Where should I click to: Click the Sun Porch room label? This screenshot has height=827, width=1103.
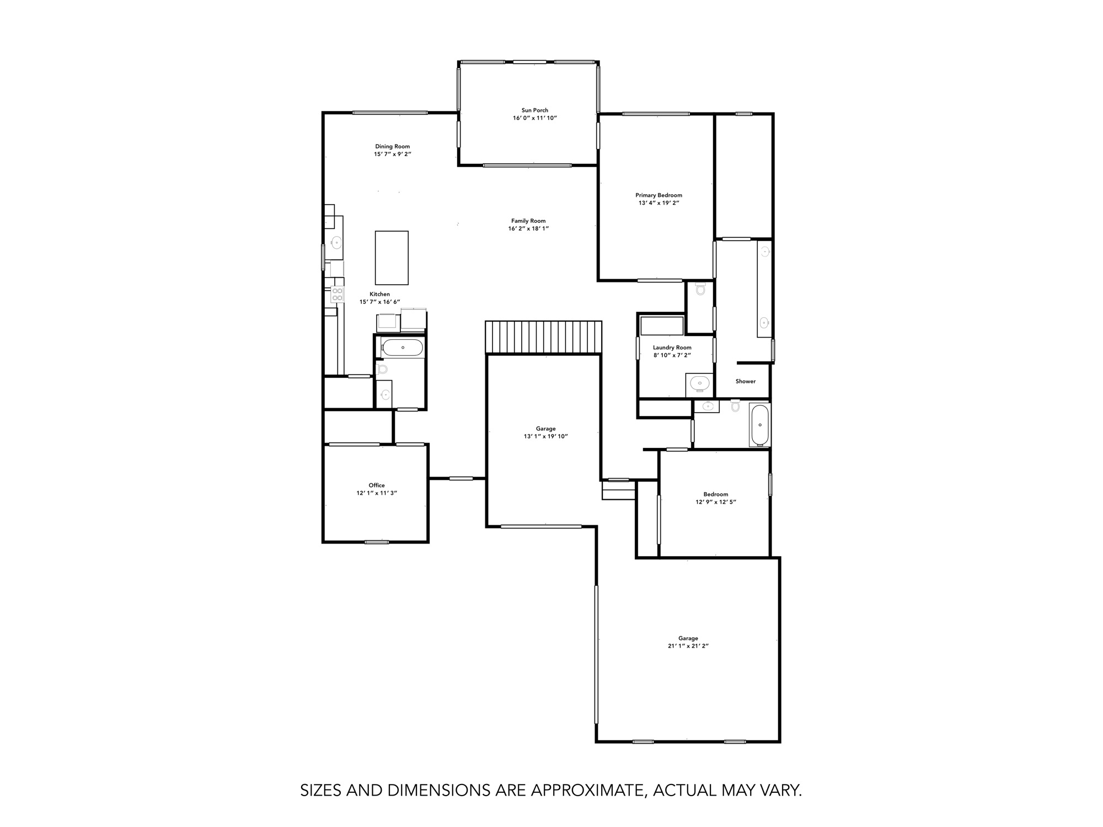534,110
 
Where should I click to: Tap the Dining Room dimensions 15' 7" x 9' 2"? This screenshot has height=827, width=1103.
393,154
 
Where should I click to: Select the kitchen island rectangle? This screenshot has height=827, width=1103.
392,258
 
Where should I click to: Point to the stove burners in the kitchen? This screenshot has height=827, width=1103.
337,294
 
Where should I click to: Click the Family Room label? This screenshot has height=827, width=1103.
528,221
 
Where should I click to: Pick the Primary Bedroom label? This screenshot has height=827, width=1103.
658,195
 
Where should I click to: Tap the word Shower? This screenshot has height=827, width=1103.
745,381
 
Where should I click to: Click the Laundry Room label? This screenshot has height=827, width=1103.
672,348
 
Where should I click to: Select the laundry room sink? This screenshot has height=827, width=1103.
699,382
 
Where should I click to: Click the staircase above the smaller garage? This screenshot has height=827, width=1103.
543,337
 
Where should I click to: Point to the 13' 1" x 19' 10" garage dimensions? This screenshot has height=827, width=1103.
545,436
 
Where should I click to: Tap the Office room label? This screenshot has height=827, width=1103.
377,485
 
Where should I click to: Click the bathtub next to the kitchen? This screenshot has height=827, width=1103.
403,348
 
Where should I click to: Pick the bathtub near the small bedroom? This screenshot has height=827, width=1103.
759,424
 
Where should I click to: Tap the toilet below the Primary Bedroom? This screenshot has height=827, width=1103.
700,289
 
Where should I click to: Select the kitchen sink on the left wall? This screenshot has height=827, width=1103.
336,241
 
